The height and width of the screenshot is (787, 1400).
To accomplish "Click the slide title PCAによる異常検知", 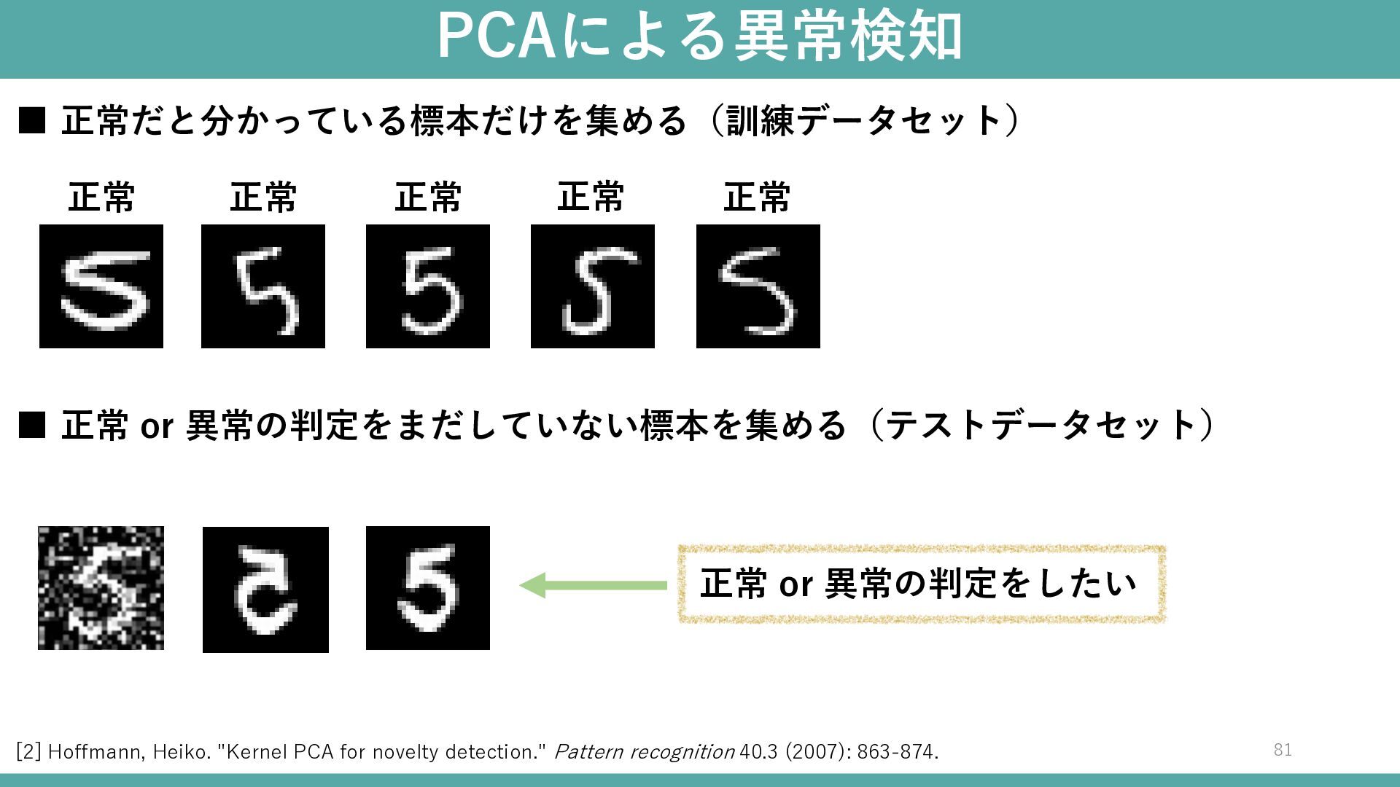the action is (699, 36).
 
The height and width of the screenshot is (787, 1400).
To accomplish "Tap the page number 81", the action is (1283, 750).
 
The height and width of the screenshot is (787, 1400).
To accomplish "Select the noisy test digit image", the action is (101, 588).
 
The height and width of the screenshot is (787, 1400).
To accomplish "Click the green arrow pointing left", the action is (593, 585).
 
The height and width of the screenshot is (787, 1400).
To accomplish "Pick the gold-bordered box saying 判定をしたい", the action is (922, 584).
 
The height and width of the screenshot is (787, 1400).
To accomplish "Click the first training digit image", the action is (101, 286).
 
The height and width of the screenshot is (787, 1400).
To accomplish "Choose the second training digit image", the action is (263, 286).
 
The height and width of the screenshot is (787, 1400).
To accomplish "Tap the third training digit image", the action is (428, 286).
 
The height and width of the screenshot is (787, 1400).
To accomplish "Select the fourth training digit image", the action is (593, 286).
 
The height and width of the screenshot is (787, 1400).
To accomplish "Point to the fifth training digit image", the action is (758, 286).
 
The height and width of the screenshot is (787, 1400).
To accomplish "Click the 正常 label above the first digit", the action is (101, 197).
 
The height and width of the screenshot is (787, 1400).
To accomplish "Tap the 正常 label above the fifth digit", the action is (757, 197).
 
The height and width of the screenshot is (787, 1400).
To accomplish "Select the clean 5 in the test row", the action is (428, 588).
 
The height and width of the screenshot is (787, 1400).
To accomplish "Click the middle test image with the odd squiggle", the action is (265, 590).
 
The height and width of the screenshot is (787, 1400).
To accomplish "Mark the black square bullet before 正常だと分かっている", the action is (32, 120).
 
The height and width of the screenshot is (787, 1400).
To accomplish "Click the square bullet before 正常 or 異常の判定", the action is (32, 425).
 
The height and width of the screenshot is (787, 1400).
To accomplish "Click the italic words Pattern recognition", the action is (644, 752).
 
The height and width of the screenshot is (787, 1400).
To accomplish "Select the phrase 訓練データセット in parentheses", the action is (865, 120).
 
